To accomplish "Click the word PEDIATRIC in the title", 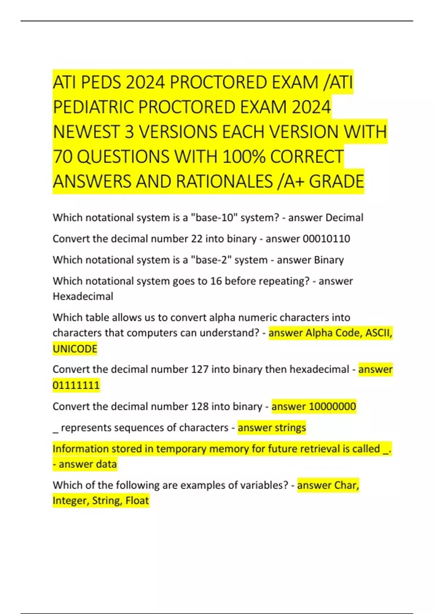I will [x=94, y=107].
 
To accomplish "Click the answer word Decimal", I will [x=344, y=218].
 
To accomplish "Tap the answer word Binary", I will [x=329, y=260].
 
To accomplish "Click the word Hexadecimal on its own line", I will [x=83, y=297].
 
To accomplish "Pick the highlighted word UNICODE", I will [x=75, y=349].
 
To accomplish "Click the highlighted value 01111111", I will [x=76, y=385].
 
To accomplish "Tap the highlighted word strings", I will [x=289, y=428].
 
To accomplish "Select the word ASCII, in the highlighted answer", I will [x=379, y=333].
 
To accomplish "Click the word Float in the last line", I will [x=137, y=501].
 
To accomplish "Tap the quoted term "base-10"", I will [x=214, y=218].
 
